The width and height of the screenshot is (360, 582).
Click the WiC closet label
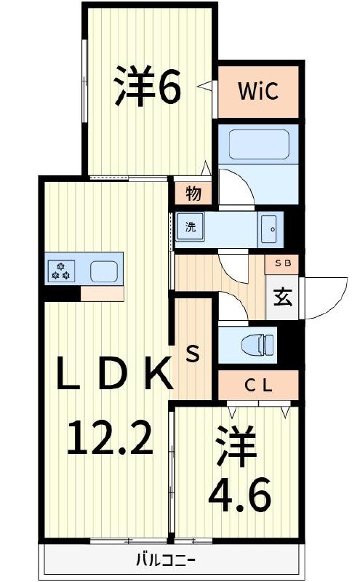tap(257, 92)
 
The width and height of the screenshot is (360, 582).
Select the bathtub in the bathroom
tap(259, 144)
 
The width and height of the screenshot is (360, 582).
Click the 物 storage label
tap(193, 194)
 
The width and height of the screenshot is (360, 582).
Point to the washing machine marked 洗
tap(191, 227)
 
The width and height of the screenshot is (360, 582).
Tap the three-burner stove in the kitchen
tap(61, 272)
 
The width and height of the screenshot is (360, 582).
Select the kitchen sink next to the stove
tap(103, 272)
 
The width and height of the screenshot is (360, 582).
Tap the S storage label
tap(193, 355)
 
